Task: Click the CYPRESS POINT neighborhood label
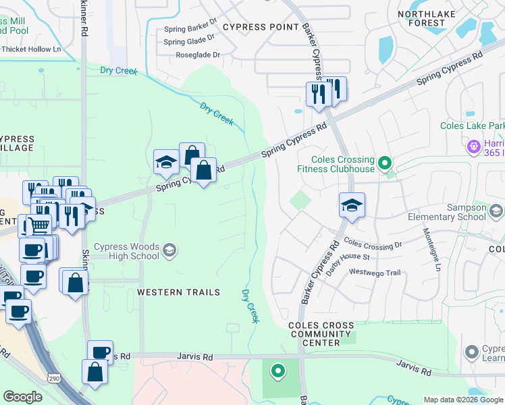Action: [x=261, y=26]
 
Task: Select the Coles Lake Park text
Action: [x=472, y=126]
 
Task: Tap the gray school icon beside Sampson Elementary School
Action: [x=496, y=212]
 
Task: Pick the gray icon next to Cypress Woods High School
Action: [x=170, y=251]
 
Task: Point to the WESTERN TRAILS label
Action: [x=178, y=292]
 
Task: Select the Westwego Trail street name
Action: [x=375, y=272]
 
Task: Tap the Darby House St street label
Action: [x=348, y=256]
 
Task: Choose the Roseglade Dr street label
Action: [x=198, y=55]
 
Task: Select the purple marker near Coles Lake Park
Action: [x=473, y=146]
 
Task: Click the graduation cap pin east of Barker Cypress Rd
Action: [x=351, y=205]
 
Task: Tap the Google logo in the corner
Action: [x=22, y=397]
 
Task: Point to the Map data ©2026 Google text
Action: [x=463, y=400]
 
